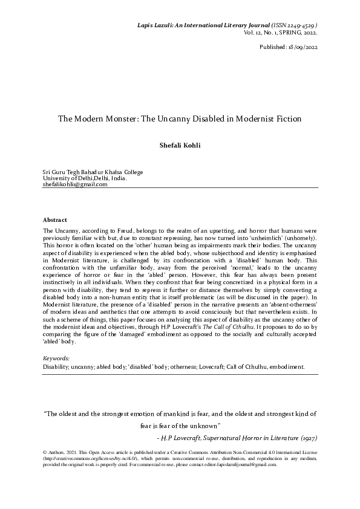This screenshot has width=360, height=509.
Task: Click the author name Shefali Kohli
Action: [180, 145]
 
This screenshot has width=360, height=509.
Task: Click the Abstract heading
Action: [55, 219]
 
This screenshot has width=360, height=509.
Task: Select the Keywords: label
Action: [57, 358]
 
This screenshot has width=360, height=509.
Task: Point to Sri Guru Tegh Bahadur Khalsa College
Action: [93, 172]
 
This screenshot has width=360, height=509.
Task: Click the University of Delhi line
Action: [85, 178]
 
